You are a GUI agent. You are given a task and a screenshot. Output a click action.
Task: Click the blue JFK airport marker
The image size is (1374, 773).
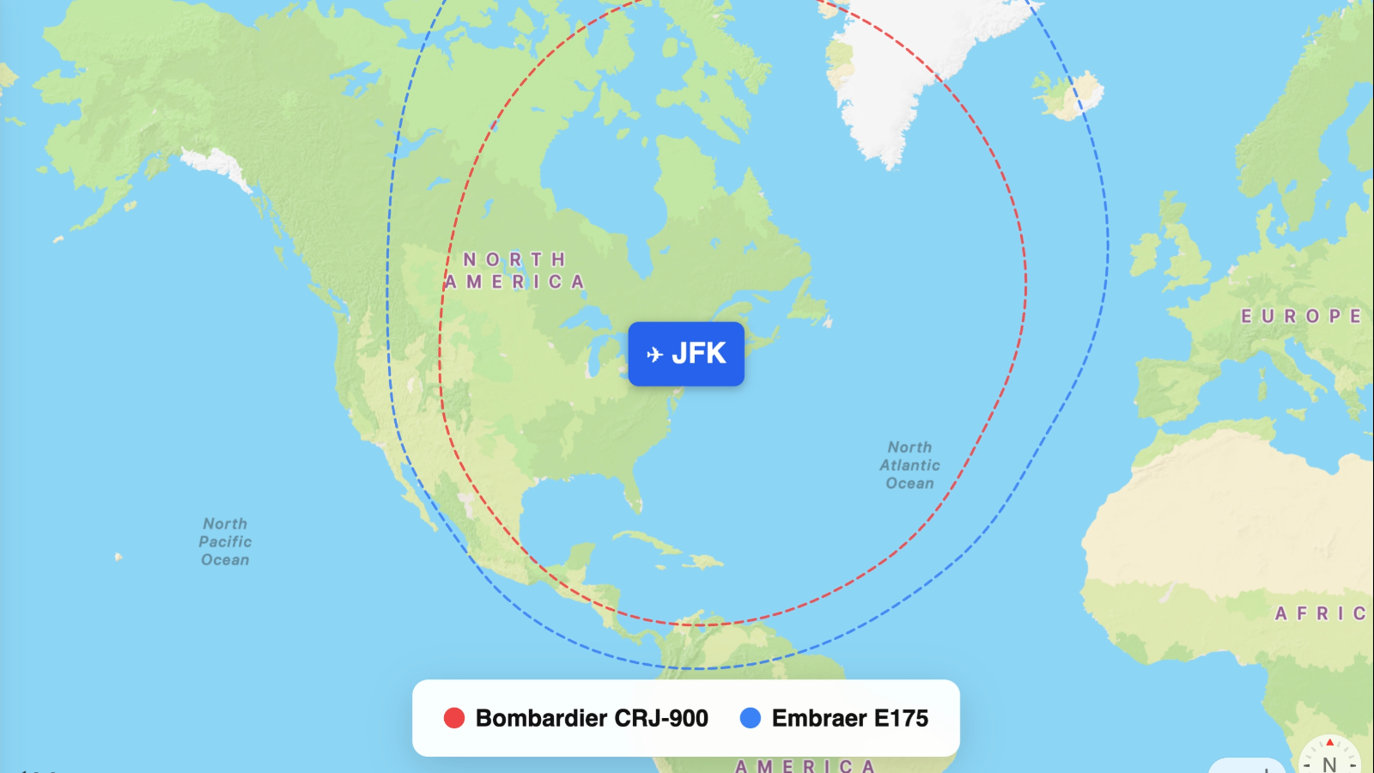(x=686, y=354)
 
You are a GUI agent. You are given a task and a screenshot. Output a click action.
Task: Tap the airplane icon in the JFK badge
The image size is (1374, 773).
(x=654, y=354)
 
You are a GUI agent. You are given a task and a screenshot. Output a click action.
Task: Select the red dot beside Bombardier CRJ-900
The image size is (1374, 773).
(x=453, y=718)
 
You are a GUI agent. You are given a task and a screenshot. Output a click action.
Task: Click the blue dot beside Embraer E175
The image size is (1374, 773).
(x=750, y=718)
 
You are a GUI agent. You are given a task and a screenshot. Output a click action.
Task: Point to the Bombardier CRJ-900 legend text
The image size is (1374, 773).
(x=592, y=718)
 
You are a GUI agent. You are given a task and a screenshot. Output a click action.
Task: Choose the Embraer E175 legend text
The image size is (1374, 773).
(x=849, y=718)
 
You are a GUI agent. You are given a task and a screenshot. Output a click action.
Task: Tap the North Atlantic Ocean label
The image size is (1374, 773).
(x=909, y=466)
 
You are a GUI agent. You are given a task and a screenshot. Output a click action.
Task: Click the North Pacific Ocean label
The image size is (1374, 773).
(x=225, y=542)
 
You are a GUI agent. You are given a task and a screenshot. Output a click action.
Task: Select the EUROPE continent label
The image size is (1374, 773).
(x=1300, y=316)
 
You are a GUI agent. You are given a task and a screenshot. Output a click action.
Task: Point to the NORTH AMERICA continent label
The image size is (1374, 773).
(x=515, y=271)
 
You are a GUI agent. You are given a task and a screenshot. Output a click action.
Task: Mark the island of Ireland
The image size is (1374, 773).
(x=1145, y=254)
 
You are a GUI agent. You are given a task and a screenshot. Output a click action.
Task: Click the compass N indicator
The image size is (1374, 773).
(x=1329, y=761)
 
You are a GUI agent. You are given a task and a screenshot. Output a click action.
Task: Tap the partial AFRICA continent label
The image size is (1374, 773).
(x=1320, y=613)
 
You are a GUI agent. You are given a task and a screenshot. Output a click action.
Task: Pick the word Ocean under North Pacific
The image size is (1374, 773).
(x=225, y=560)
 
